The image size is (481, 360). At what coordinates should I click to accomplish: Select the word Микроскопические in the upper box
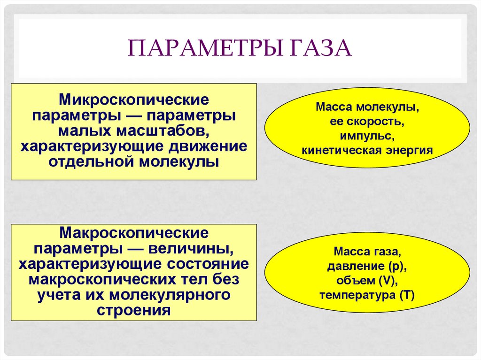[134, 100]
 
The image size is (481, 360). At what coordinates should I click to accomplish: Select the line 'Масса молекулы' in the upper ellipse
[367, 107]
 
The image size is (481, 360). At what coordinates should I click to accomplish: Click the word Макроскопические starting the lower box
[134, 232]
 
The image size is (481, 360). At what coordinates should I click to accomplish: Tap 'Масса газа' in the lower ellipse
[367, 252]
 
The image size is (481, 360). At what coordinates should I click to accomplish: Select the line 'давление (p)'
[367, 266]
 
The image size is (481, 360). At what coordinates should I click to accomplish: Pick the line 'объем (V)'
[367, 281]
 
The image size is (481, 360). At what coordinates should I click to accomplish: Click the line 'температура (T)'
[367, 295]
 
